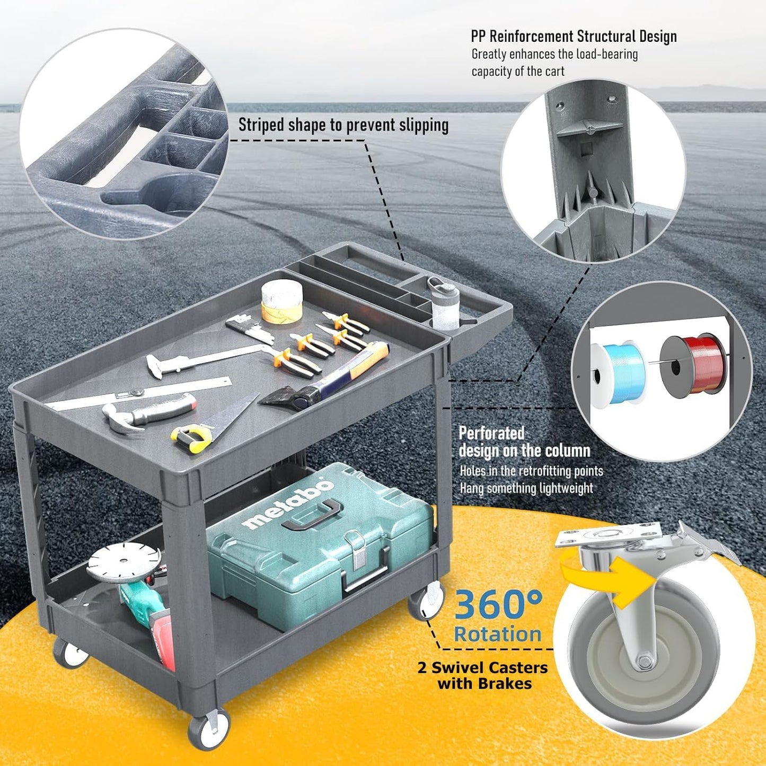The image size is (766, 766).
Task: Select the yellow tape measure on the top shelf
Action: pos(191,438)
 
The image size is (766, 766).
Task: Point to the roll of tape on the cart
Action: pos(282,301)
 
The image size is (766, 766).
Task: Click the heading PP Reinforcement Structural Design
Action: pos(574,37)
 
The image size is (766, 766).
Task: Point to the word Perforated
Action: pos(492,433)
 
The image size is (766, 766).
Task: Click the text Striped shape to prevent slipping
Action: pos(344,125)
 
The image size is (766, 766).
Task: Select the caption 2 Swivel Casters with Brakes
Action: pos(482,675)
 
